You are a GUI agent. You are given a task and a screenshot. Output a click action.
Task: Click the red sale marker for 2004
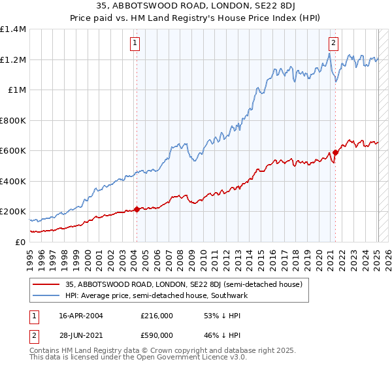coord(137,210)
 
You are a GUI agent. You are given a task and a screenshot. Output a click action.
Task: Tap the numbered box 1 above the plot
coord(135,44)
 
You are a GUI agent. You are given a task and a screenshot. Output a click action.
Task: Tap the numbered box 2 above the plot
coord(333,44)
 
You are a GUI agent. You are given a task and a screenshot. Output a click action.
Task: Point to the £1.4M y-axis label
coord(13,29)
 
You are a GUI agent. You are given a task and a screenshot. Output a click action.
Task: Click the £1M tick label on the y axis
coord(16,90)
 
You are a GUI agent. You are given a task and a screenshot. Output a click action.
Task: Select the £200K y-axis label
coord(13,212)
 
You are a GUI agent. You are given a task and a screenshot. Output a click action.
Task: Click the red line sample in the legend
coord(46,285)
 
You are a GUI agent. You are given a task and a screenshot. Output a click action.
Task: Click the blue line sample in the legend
coord(46,296)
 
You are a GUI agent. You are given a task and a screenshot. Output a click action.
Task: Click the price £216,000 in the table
coord(156,316)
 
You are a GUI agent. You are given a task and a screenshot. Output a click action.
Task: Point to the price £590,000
coord(156,337)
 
